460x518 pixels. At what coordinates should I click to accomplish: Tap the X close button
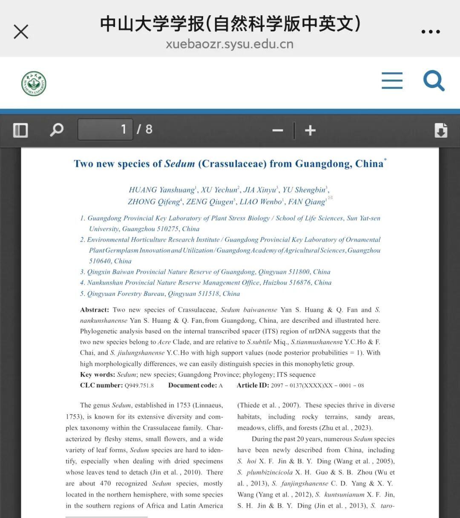point(21,31)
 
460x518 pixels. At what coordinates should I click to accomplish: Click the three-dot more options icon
point(430,32)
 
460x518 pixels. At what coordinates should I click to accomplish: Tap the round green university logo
point(34,84)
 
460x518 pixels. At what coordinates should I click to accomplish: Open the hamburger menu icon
point(392,80)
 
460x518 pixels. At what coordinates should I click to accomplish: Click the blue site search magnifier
point(434,81)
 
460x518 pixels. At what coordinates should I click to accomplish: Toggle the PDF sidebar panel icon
point(20,130)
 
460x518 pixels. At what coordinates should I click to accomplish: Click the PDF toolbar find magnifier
point(57,130)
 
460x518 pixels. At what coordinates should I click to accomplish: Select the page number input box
point(105,129)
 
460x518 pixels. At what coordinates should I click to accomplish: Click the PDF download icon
point(441,130)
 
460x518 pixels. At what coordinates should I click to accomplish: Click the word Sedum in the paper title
point(179,164)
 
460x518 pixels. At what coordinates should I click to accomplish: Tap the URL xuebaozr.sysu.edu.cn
point(230,44)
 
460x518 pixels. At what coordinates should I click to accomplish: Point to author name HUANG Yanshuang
point(161,190)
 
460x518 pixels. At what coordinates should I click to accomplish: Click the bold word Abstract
point(94,310)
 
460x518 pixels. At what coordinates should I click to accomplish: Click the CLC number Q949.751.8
point(139,386)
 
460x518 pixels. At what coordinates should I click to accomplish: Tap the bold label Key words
point(97,375)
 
